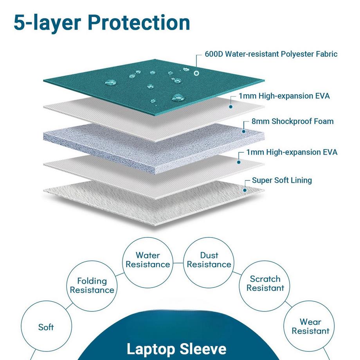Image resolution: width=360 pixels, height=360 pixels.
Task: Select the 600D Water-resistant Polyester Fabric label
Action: coord(271,54)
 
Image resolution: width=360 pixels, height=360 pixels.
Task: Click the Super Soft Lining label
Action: coord(282,180)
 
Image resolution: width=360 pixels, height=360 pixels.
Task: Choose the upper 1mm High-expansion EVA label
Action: coord(284,96)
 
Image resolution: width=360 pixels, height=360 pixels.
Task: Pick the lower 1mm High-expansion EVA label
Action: coord(292,152)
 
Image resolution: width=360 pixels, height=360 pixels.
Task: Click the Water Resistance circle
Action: coord(148,260)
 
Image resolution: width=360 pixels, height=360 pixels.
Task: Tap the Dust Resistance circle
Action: coord(209,260)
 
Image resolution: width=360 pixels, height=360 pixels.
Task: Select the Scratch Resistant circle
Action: coord(265,283)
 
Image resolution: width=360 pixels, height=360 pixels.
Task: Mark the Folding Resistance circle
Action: coord(92,285)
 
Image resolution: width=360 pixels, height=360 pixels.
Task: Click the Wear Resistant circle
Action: coord(310,326)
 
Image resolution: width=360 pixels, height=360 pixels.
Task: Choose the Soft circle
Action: coord(46,327)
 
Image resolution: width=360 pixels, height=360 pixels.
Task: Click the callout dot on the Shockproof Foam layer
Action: coord(244,131)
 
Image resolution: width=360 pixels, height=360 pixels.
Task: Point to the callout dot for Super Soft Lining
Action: coord(245,190)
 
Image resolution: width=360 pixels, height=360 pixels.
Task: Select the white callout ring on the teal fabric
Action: coord(196,73)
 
